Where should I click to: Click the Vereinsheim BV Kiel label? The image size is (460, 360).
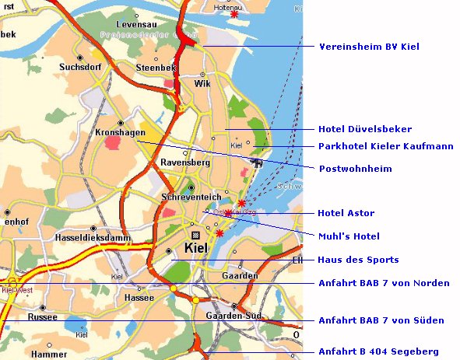click(369, 47)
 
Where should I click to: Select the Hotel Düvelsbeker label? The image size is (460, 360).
click(365, 129)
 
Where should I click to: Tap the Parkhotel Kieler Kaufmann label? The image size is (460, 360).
click(375, 146)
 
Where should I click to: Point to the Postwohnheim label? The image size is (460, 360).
click(355, 169)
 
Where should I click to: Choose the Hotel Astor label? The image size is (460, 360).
click(346, 213)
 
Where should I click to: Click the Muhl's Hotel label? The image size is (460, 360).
click(349, 236)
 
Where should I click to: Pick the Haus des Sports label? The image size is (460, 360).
click(358, 260)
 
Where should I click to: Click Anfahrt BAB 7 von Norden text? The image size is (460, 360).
click(383, 283)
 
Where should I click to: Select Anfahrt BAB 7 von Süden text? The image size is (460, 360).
click(381, 320)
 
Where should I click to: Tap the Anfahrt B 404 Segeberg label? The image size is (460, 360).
click(378, 351)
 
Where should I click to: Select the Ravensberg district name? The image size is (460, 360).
click(184, 163)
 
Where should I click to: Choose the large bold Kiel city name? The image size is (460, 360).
click(201, 249)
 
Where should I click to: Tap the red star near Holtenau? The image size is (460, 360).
click(234, 15)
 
